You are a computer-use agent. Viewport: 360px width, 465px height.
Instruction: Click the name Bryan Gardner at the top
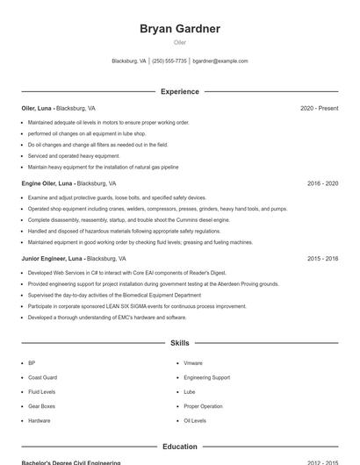180,29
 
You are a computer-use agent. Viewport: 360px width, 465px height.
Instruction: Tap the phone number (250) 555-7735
170,61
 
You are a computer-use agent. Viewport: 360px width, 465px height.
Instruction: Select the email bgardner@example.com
220,61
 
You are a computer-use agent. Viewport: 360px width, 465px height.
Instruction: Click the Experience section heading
180,91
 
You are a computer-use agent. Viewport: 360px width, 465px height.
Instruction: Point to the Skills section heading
180,343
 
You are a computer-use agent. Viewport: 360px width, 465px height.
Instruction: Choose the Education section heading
180,447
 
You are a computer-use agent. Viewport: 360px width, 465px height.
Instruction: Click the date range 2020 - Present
319,108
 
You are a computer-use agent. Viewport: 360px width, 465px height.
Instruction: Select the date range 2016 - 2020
322,183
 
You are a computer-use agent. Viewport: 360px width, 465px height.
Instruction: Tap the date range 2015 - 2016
322,259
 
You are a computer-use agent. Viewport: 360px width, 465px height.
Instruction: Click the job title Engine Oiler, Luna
47,183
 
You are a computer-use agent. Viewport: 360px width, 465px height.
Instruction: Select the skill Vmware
193,362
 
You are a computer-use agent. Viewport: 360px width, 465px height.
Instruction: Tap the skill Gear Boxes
41,406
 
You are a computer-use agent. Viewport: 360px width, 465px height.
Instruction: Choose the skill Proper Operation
203,406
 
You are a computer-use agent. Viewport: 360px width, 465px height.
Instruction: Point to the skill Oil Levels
195,421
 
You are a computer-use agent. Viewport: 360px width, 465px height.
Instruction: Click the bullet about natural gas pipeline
103,167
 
